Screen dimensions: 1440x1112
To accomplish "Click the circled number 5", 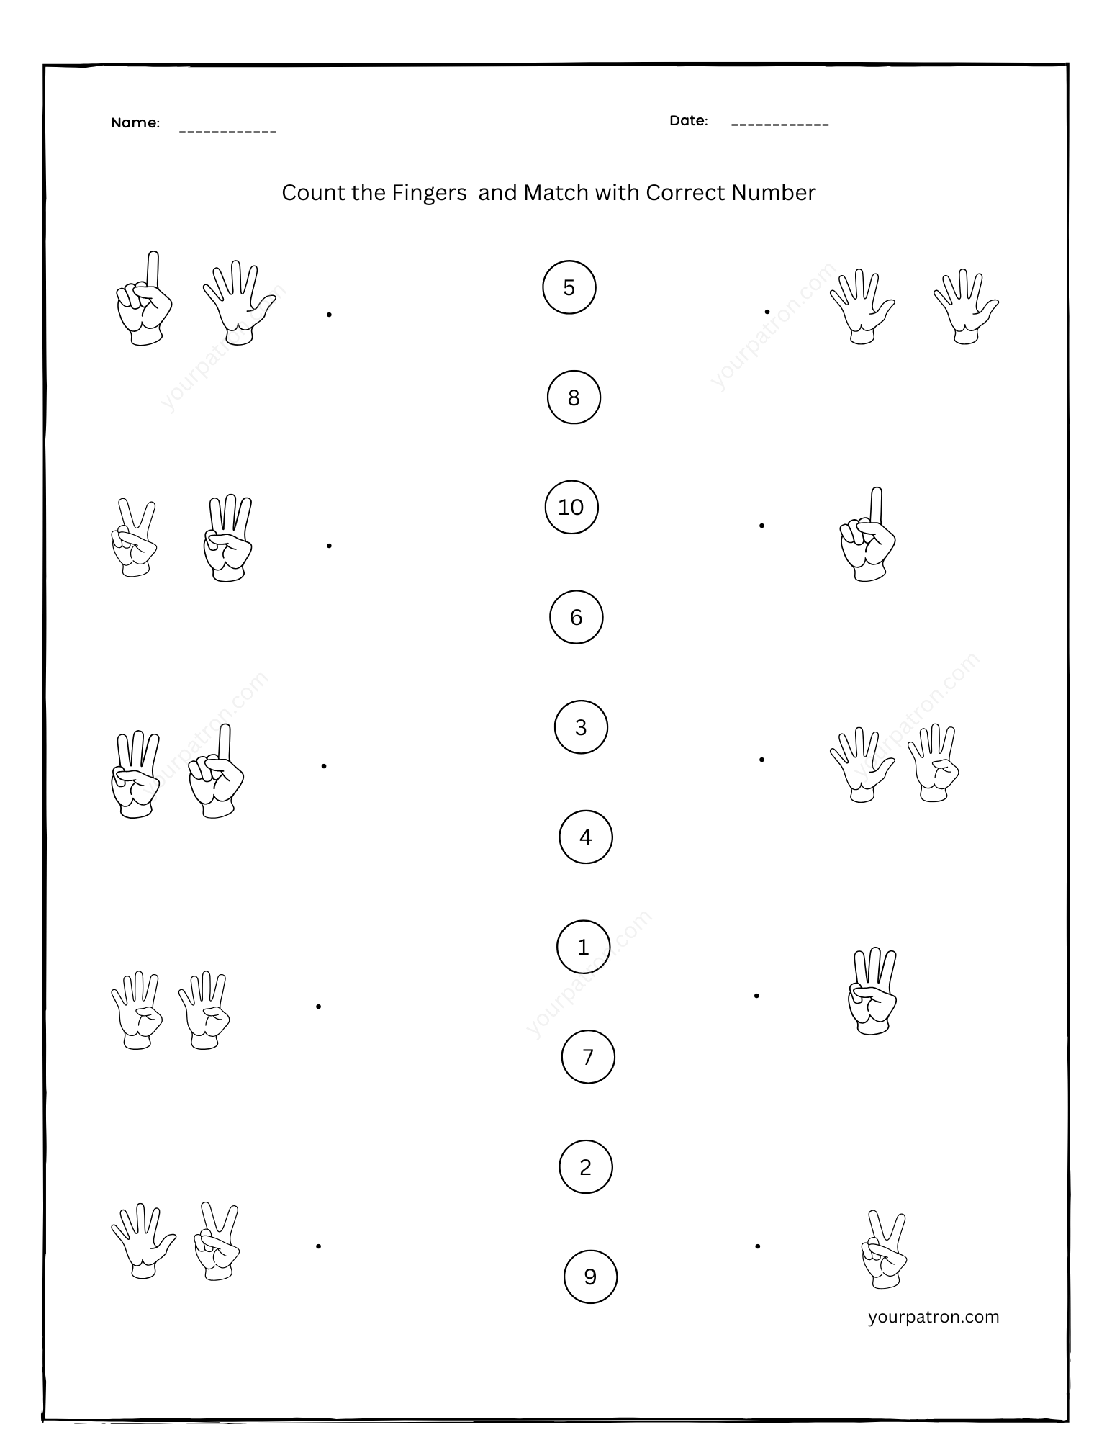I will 569,288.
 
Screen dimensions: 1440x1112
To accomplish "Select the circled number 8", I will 574,397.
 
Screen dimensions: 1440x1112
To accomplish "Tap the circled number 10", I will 571,508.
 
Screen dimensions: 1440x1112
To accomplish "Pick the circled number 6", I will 576,617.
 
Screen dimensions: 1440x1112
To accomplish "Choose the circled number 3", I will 581,727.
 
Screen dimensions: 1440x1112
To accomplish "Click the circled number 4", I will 585,837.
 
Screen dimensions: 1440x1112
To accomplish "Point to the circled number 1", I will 583,947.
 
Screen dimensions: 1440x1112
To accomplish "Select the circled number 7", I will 588,1057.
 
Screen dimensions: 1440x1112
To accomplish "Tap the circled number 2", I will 585,1166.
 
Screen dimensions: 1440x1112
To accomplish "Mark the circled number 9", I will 590,1277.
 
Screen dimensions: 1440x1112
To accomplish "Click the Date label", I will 688,121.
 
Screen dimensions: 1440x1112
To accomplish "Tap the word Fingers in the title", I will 429,193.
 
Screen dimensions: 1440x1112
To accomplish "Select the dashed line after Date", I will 779,125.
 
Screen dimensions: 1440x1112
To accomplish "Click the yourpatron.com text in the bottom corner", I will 934,1317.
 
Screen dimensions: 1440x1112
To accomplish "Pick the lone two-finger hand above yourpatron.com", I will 885,1248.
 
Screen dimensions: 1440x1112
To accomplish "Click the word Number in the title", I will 773,193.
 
